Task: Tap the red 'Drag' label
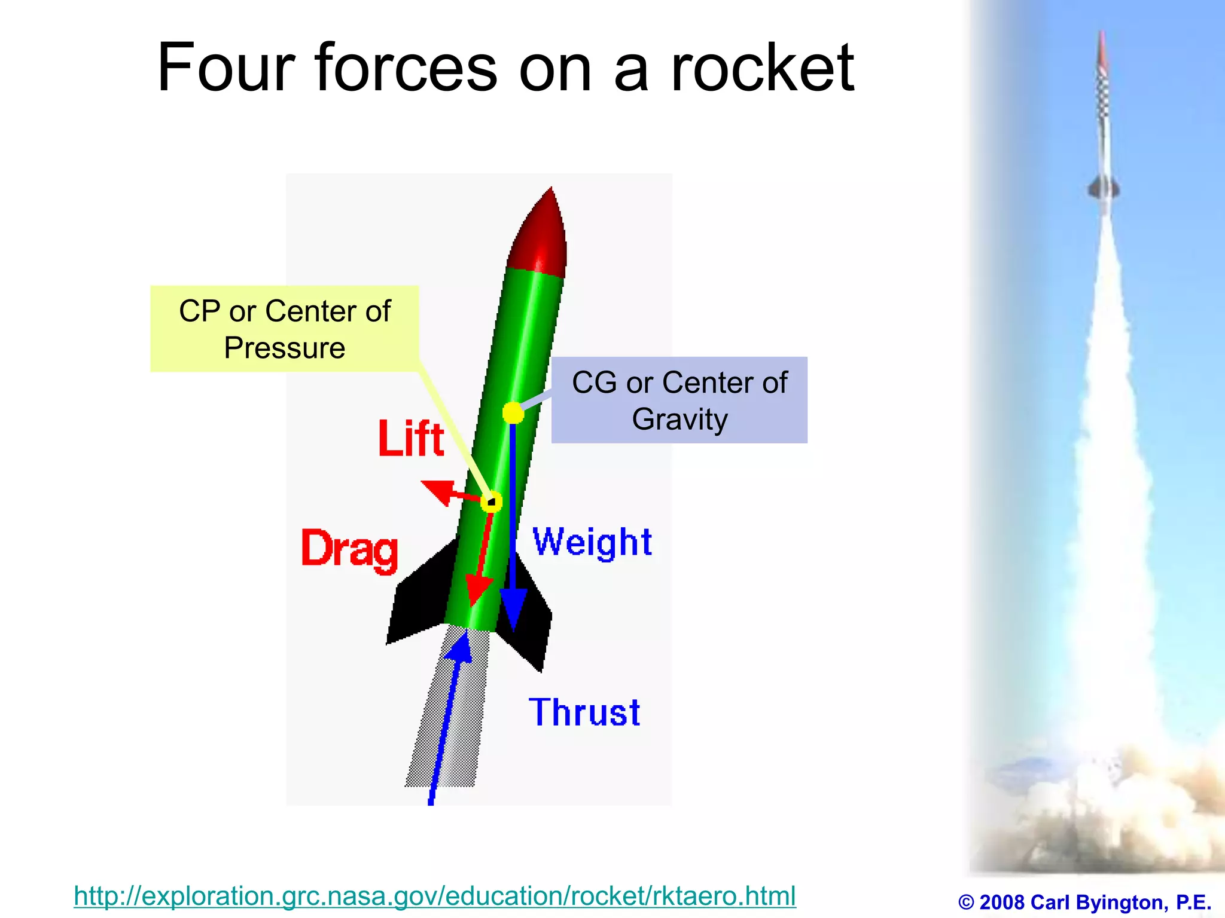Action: (349, 548)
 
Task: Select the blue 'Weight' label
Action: (592, 542)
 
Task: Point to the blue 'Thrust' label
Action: (584, 712)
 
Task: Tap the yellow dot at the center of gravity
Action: (513, 413)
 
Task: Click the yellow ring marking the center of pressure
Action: (491, 501)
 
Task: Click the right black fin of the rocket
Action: (532, 622)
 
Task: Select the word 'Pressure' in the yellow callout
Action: (285, 348)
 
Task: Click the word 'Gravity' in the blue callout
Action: (679, 419)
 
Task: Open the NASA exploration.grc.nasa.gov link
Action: (435, 896)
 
